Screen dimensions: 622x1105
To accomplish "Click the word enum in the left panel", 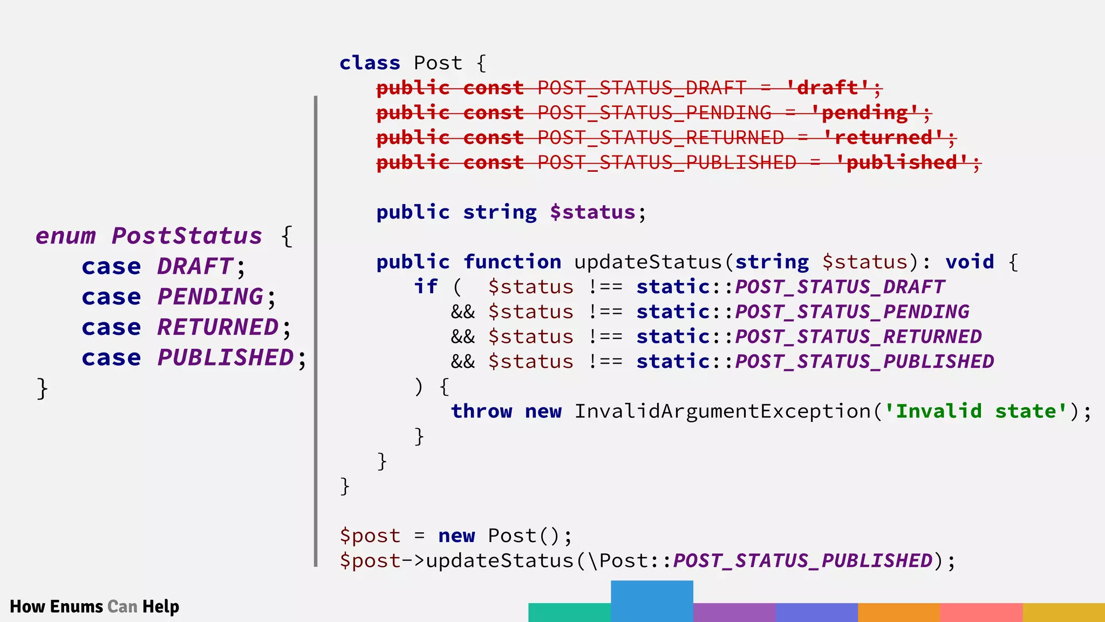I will coord(66,236).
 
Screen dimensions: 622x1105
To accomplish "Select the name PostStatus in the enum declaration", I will coord(187,236).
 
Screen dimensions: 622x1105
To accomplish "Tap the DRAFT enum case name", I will coord(195,266).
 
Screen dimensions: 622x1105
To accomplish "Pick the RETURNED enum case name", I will coord(218,327).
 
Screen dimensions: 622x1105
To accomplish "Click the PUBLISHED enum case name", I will coord(226,357).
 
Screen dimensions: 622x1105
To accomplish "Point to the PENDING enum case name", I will coord(210,296).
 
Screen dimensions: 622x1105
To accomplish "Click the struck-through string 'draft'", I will coord(827,87).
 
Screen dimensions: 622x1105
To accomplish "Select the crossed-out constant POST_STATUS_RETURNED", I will coord(660,137).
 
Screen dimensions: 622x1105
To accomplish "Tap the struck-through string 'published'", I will coord(902,162).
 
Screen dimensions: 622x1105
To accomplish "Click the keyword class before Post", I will coord(370,63).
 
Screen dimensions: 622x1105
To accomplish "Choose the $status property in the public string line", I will coord(592,212).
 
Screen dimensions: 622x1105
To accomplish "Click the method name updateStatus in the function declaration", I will coord(647,261).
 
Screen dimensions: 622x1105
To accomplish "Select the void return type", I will coord(970,261).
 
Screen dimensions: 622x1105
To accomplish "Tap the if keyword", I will coord(426,286).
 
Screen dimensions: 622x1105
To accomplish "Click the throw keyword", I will coord(481,411).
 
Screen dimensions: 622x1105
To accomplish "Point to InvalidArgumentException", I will coord(722,411).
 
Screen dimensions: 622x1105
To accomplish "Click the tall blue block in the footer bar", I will coord(652,601).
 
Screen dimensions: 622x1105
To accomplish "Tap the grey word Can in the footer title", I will coord(122,606).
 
